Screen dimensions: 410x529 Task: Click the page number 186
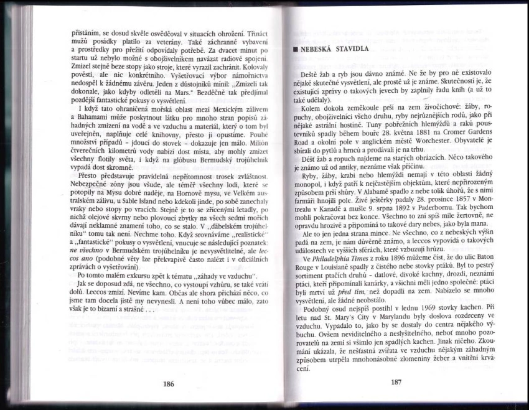click(168, 384)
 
